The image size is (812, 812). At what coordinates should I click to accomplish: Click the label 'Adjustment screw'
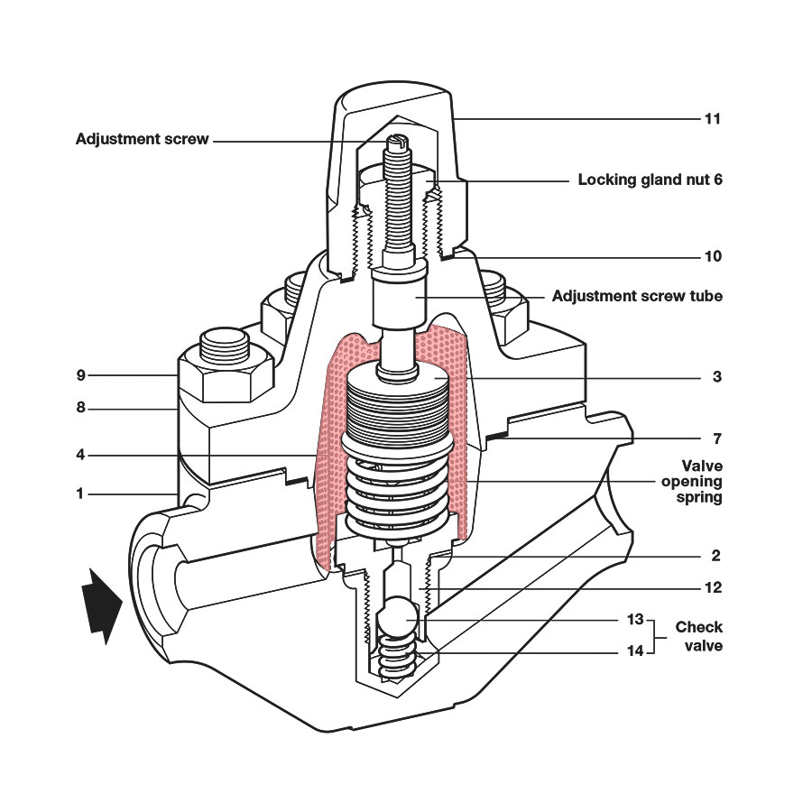143,140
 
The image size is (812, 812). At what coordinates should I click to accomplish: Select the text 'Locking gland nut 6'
650,180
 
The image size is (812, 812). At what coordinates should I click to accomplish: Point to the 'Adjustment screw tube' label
637,296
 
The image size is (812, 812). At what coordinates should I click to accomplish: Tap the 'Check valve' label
698,636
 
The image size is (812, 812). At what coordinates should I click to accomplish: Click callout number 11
713,118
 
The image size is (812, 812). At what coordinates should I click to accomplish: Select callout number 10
713,256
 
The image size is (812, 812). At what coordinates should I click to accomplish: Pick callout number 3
716,376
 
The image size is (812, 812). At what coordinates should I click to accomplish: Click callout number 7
716,439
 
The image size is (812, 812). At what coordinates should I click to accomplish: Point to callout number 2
716,556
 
